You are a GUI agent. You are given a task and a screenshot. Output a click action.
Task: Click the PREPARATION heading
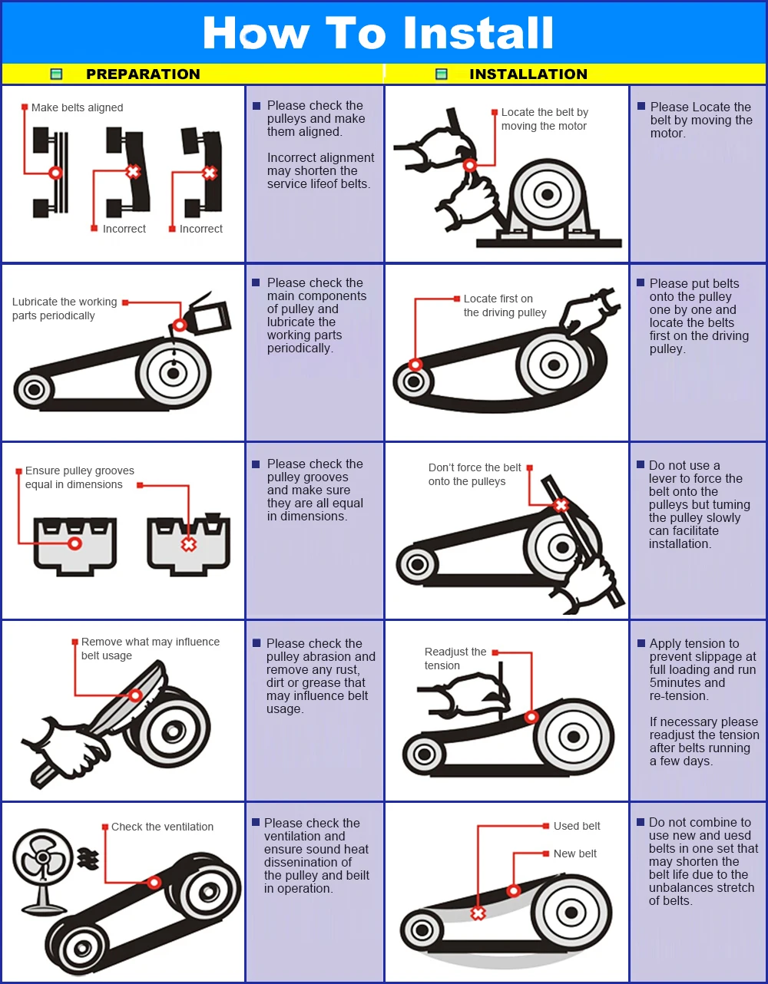click(143, 74)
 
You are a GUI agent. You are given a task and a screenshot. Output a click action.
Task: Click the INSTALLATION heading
click(528, 74)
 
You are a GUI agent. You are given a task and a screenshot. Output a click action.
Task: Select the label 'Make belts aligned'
click(77, 107)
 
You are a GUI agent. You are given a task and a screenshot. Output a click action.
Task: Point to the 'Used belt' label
click(577, 826)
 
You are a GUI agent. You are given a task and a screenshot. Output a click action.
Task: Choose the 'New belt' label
click(575, 854)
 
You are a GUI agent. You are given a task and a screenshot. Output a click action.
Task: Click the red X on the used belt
click(478, 913)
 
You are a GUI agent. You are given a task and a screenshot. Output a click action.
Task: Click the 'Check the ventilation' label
click(162, 827)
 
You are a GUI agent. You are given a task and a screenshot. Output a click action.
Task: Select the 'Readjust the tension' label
click(455, 659)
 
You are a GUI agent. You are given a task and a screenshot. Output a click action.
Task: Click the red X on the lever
click(561, 504)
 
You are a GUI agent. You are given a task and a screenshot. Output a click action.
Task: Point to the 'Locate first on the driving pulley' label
click(505, 305)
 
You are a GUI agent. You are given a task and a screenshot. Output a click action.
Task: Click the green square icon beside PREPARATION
click(56, 74)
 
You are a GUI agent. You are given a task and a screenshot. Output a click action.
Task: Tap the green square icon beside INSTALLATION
click(441, 74)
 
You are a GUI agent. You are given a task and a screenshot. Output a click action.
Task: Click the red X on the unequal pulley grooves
click(188, 544)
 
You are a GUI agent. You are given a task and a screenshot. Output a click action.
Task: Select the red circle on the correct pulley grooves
click(74, 543)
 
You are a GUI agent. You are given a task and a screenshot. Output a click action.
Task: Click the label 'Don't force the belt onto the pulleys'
click(475, 474)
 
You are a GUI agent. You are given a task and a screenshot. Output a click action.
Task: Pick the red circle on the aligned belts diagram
click(55, 173)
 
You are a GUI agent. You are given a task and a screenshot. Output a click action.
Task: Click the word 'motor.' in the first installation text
click(668, 134)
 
